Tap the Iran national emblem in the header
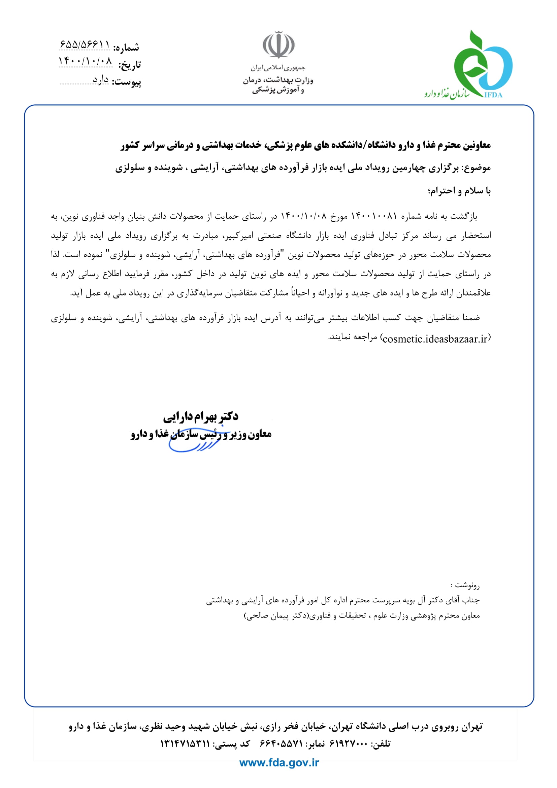[x=278, y=44]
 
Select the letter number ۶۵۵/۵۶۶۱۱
[x=85, y=44]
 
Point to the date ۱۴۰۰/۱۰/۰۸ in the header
[x=86, y=61]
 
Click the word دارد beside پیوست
[x=100, y=79]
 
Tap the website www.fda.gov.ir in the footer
[x=279, y=763]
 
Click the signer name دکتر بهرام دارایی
[x=201, y=417]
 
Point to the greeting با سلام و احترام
[x=459, y=191]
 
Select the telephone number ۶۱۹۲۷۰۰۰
[x=348, y=744]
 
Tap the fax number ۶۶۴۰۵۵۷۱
[x=281, y=744]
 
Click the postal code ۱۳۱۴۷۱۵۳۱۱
[x=185, y=744]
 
